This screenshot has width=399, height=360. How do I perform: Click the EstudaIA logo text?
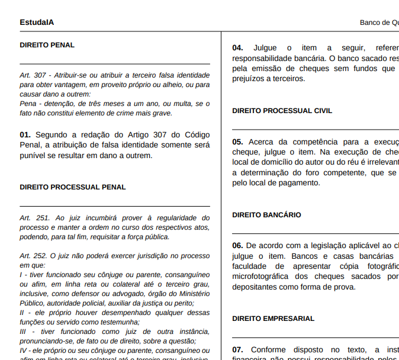point(37,22)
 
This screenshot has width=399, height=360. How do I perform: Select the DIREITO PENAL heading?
point(47,45)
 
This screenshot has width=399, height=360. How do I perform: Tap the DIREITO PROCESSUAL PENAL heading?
point(73,187)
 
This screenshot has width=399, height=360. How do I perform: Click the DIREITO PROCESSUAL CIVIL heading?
point(282,111)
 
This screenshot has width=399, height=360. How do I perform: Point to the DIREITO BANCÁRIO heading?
point(266,215)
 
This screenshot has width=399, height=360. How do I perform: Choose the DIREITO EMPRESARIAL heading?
point(273,319)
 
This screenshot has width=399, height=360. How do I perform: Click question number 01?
point(25,135)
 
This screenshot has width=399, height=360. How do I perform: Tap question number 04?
point(237,48)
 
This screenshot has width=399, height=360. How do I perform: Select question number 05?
point(237,142)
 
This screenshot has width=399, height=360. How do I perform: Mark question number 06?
point(237,246)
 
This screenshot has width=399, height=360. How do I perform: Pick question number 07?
point(237,349)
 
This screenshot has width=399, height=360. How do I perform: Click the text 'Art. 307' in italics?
point(33,75)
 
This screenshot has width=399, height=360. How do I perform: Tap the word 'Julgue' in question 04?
point(265,48)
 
